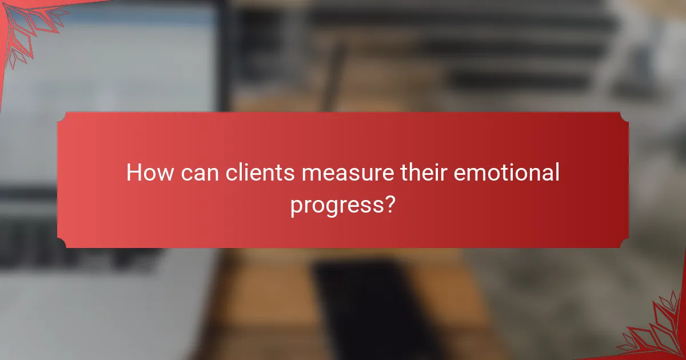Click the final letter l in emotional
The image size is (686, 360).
pyautogui.click(x=556, y=172)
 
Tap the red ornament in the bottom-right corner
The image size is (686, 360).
pyautogui.click(x=657, y=331)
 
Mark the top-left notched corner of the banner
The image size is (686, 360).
pyautogui.click(x=62, y=116)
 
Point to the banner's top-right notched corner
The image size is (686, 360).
pyautogui.click(x=624, y=116)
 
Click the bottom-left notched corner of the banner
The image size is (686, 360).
pyautogui.click(x=62, y=244)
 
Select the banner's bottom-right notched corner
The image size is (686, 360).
pyautogui.click(x=624, y=244)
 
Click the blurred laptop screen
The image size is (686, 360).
pyautogui.click(x=109, y=86)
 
